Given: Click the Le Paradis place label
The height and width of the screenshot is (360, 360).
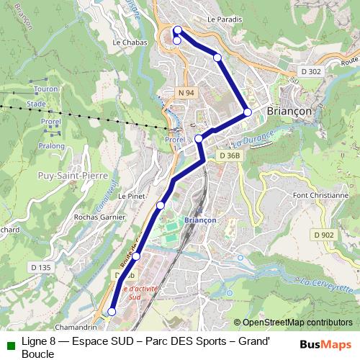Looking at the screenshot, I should (224, 19).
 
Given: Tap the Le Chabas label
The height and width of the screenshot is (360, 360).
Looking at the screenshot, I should (130, 42).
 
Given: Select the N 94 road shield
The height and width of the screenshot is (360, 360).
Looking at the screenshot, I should (186, 93).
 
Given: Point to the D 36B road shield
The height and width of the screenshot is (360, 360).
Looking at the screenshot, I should (229, 156).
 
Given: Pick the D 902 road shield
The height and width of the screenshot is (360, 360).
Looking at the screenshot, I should (323, 235).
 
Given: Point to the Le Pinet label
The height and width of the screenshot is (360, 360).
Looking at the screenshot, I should (132, 196).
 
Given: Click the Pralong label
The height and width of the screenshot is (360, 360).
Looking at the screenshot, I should (52, 145).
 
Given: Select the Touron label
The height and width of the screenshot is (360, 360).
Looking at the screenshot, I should (45, 89).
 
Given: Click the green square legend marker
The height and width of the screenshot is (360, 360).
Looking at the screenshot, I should (10, 343).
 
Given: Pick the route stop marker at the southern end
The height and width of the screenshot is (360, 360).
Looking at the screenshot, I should (112, 311).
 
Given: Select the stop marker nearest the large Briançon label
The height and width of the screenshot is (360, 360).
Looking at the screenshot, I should (247, 112).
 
